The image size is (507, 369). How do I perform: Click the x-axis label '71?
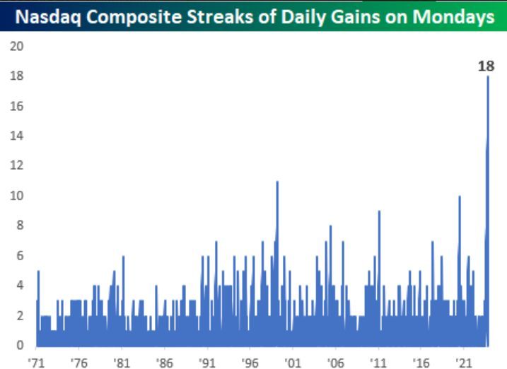36,360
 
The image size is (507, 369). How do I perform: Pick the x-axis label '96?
250,360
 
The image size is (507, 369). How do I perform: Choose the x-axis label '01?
292,360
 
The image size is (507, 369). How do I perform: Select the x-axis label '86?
164,360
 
